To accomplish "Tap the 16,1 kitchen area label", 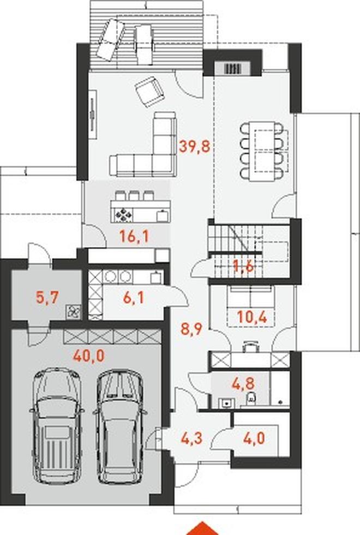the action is (x=134, y=236).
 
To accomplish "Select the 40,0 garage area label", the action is (x=89, y=356).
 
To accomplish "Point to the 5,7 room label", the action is (x=48, y=298).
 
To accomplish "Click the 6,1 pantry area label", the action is (x=133, y=298).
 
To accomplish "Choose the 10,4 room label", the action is (x=252, y=317).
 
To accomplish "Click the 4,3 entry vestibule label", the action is (x=192, y=438).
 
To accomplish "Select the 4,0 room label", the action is (x=254, y=438).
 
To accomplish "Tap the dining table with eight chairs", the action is (x=262, y=151).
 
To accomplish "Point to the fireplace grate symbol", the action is (x=233, y=68).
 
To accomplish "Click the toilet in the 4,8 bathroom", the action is (x=251, y=397).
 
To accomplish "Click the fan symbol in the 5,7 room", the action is (x=73, y=311).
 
